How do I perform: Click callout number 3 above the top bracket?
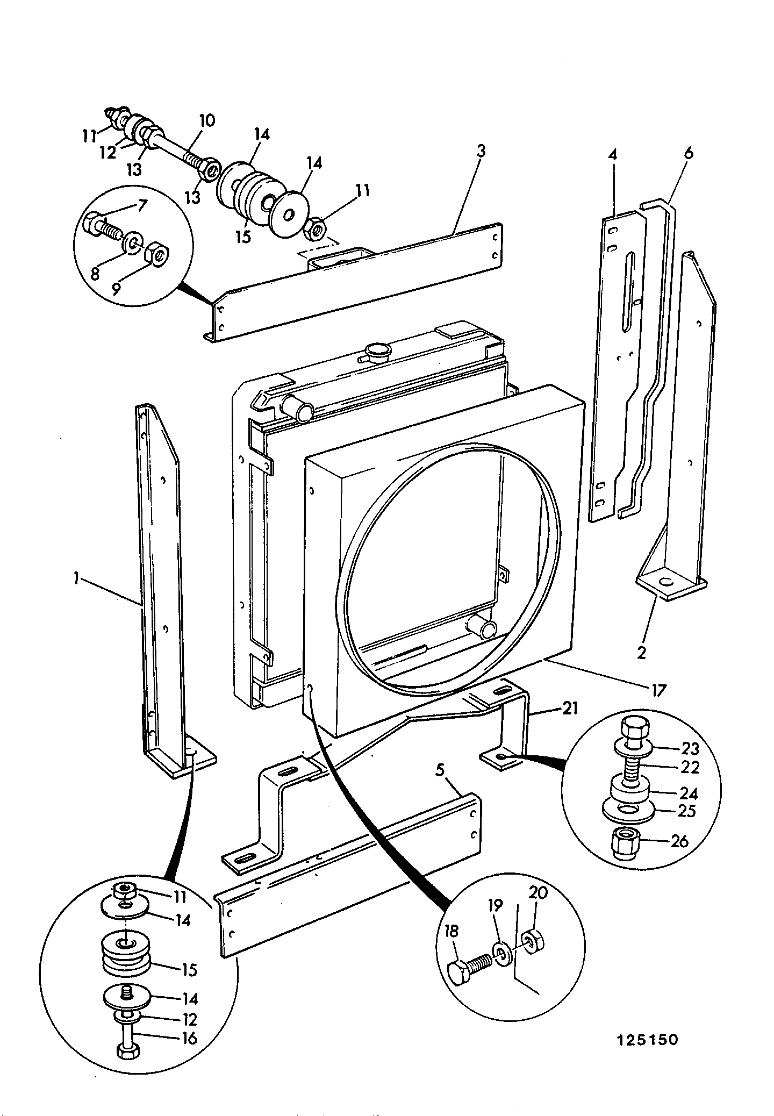click(x=481, y=151)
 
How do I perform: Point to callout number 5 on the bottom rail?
click(x=440, y=771)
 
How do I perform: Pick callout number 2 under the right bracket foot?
click(x=641, y=653)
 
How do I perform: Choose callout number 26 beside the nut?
click(x=679, y=841)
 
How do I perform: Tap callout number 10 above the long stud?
click(x=207, y=120)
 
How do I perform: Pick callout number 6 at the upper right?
click(x=689, y=153)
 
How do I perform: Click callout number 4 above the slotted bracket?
click(x=613, y=155)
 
